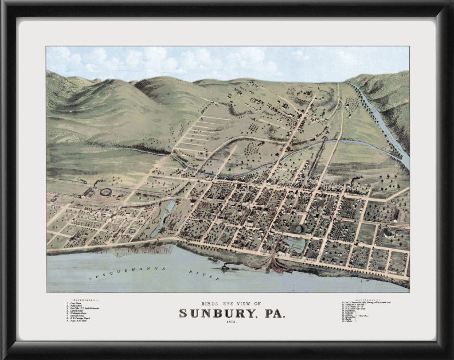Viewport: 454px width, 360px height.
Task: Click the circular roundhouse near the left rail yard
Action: pyautogui.click(x=106, y=192)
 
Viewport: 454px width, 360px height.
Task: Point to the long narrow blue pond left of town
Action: pyautogui.click(x=163, y=218)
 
